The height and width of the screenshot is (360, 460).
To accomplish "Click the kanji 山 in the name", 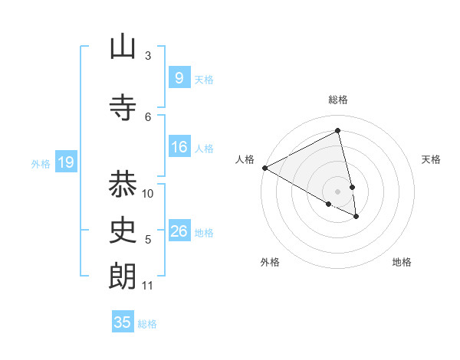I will pyautogui.click(x=123, y=47).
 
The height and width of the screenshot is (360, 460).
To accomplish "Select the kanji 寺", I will pyautogui.click(x=123, y=109).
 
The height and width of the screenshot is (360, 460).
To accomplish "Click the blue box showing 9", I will pyautogui.click(x=179, y=78).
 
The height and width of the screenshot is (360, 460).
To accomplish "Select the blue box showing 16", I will pyautogui.click(x=179, y=147).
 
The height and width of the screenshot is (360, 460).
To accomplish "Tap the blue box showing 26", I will pyautogui.click(x=179, y=231).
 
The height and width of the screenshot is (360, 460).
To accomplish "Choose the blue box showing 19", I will pyautogui.click(x=65, y=162).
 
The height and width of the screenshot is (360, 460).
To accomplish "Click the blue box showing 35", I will pyautogui.click(x=123, y=322).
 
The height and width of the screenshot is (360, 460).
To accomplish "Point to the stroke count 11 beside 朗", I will pyautogui.click(x=148, y=286).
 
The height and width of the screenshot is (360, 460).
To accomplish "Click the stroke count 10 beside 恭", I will pyautogui.click(x=148, y=193).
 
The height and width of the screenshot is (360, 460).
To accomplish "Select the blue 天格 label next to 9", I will pyautogui.click(x=204, y=80).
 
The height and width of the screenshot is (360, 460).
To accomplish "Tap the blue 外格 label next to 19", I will pyautogui.click(x=41, y=163).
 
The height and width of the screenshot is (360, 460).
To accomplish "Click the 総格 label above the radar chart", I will pyautogui.click(x=338, y=100).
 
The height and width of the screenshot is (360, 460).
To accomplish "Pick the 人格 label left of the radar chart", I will pyautogui.click(x=245, y=159).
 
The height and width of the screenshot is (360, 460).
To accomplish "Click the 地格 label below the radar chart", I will pyautogui.click(x=402, y=263).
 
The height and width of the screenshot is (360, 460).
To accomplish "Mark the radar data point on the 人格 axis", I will pyautogui.click(x=264, y=168).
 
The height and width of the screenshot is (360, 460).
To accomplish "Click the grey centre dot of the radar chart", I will pyautogui.click(x=338, y=191).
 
